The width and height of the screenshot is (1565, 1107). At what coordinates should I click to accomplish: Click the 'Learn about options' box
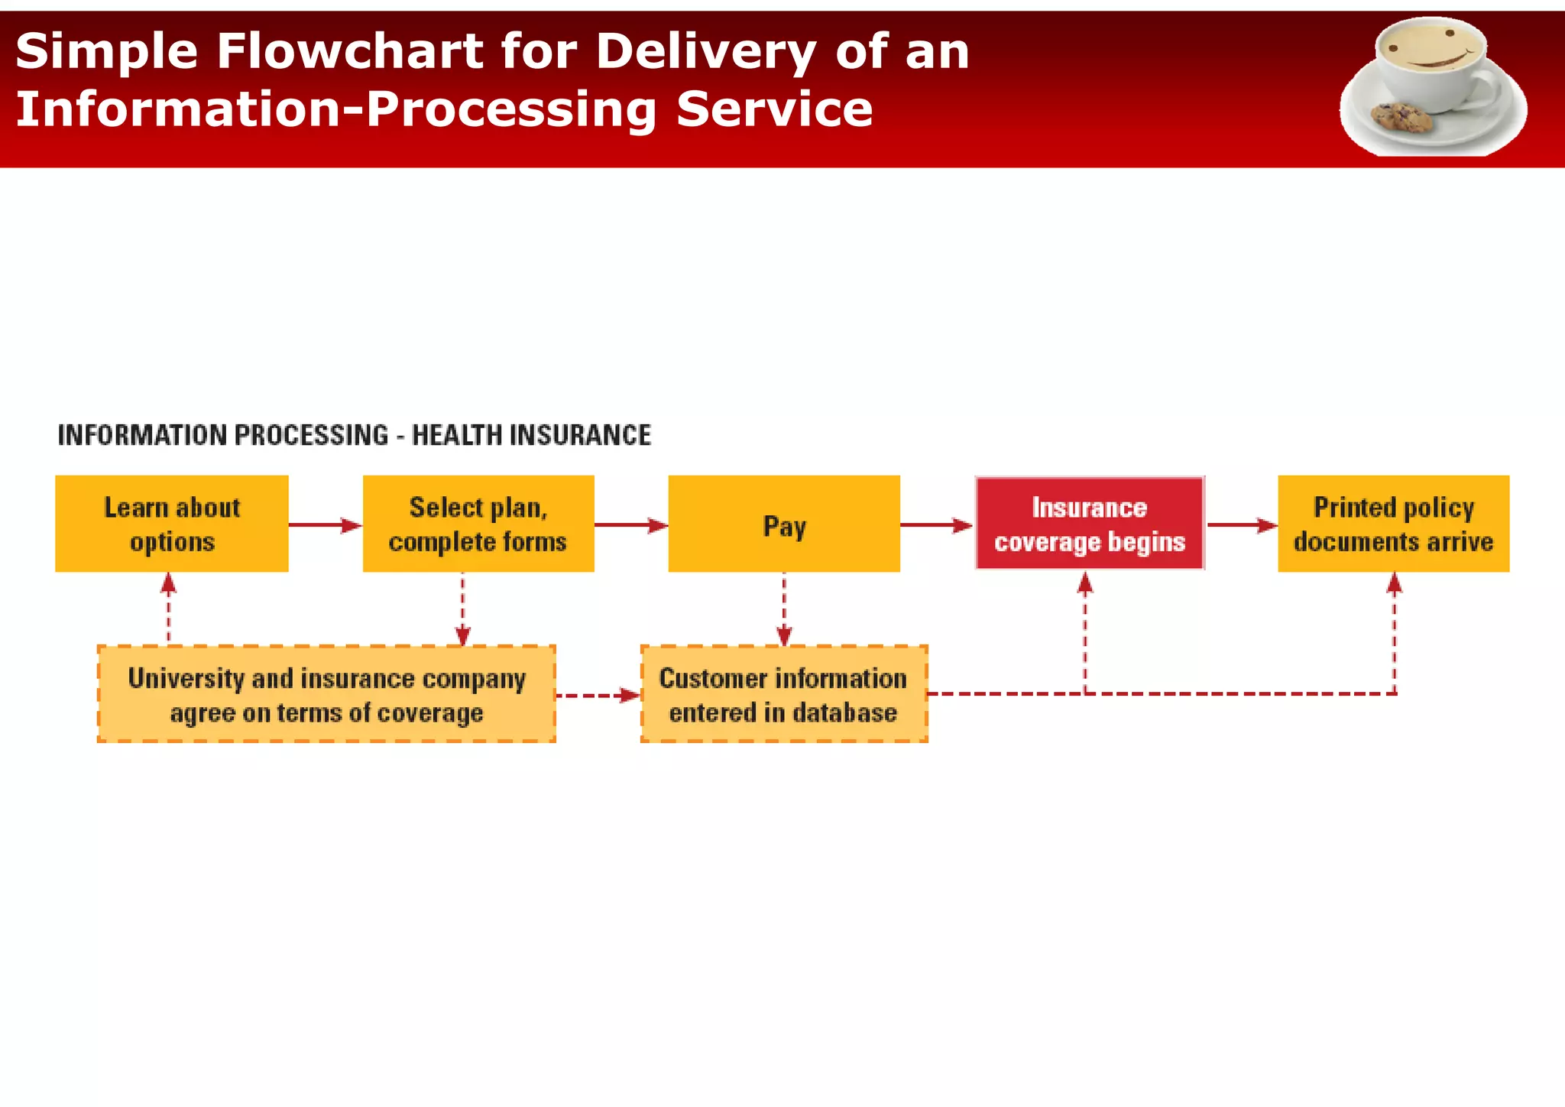(x=172, y=524)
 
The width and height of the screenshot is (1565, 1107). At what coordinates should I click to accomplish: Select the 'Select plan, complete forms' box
(x=478, y=524)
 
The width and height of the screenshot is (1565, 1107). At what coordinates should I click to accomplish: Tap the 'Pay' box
(x=784, y=524)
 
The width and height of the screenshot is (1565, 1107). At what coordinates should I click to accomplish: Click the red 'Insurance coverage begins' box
(x=1090, y=524)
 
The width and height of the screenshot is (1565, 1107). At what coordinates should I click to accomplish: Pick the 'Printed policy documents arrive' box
(x=1393, y=524)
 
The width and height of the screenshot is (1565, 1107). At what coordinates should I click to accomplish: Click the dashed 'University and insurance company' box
(x=326, y=694)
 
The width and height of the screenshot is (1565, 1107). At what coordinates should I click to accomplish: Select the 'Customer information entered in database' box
(x=784, y=694)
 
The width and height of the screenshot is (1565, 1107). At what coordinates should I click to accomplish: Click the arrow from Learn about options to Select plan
(x=325, y=525)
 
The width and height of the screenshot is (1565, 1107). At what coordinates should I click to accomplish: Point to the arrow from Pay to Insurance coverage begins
(x=936, y=525)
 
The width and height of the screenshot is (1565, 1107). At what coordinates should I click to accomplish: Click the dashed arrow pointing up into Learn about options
(x=169, y=608)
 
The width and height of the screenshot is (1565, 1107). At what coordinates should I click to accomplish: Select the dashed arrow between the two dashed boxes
(x=598, y=696)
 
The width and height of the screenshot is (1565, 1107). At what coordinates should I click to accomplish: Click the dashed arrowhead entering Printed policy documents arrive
(x=1395, y=585)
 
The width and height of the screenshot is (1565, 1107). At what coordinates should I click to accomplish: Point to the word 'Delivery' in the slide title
(x=706, y=52)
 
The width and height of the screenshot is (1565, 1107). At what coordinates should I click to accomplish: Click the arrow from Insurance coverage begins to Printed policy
(x=1241, y=525)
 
